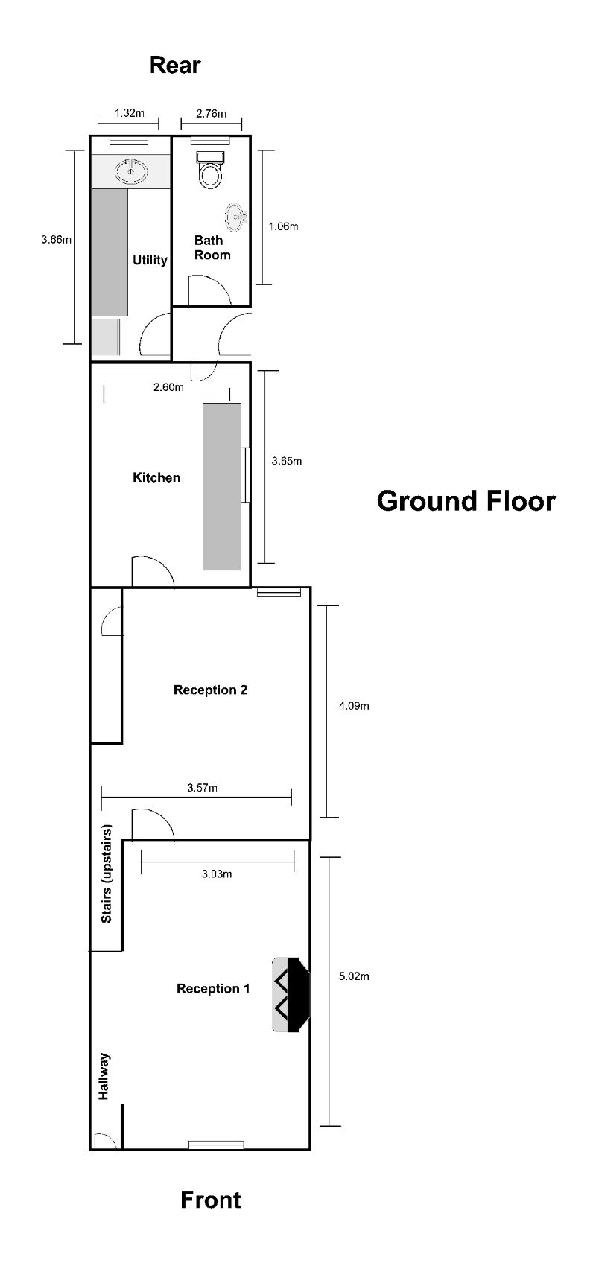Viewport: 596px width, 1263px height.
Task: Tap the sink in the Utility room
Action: (131, 172)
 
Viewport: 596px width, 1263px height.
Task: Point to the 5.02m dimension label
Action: (354, 976)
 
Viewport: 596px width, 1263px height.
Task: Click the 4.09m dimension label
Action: (354, 706)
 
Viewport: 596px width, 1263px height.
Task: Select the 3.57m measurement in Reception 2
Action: (203, 787)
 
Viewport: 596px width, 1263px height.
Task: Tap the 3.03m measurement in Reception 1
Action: (217, 874)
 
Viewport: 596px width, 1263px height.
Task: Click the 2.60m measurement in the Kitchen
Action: (168, 386)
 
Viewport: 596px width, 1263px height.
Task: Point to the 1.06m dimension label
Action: (283, 226)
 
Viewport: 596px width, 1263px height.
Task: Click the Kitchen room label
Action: (156, 477)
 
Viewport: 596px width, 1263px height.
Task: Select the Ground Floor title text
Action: (466, 500)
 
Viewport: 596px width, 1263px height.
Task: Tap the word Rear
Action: (175, 65)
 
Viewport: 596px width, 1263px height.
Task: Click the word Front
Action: (211, 1200)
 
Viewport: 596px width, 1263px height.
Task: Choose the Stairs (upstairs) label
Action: (107, 874)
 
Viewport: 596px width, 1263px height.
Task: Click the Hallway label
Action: (104, 1075)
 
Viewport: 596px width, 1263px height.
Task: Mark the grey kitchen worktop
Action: (222, 486)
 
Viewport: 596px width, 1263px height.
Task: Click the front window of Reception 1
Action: (216, 1145)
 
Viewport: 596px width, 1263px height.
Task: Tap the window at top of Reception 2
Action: (279, 592)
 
